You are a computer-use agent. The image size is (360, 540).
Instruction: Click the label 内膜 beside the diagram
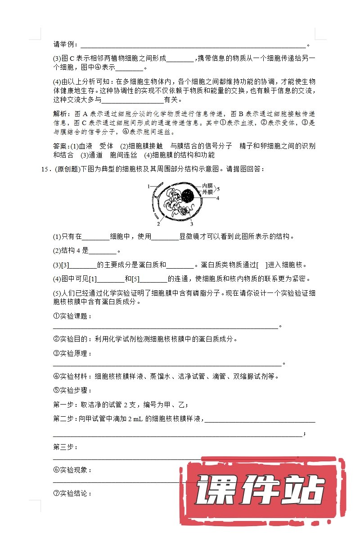tap(207, 185)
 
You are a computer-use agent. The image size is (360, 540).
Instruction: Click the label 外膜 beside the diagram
tap(207, 192)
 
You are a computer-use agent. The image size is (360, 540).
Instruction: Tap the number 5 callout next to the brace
tap(219, 189)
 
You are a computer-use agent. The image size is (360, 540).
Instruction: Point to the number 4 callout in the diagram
tap(217, 198)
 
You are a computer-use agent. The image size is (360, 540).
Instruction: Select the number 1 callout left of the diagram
tap(148, 185)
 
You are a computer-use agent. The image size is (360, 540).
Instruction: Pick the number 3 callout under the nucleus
tap(191, 223)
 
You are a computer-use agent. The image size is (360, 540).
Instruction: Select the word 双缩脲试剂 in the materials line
tap(256, 376)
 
